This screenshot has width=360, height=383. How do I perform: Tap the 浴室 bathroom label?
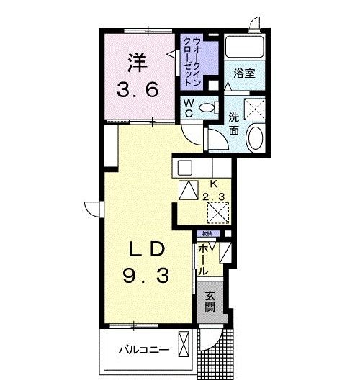pos(243,73)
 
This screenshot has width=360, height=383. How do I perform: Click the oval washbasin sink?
pos(254,137)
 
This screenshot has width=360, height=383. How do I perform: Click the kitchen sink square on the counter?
pos(184,168)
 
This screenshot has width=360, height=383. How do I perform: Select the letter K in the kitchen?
pos(213,183)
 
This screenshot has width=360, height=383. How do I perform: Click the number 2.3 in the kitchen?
pos(213,196)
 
